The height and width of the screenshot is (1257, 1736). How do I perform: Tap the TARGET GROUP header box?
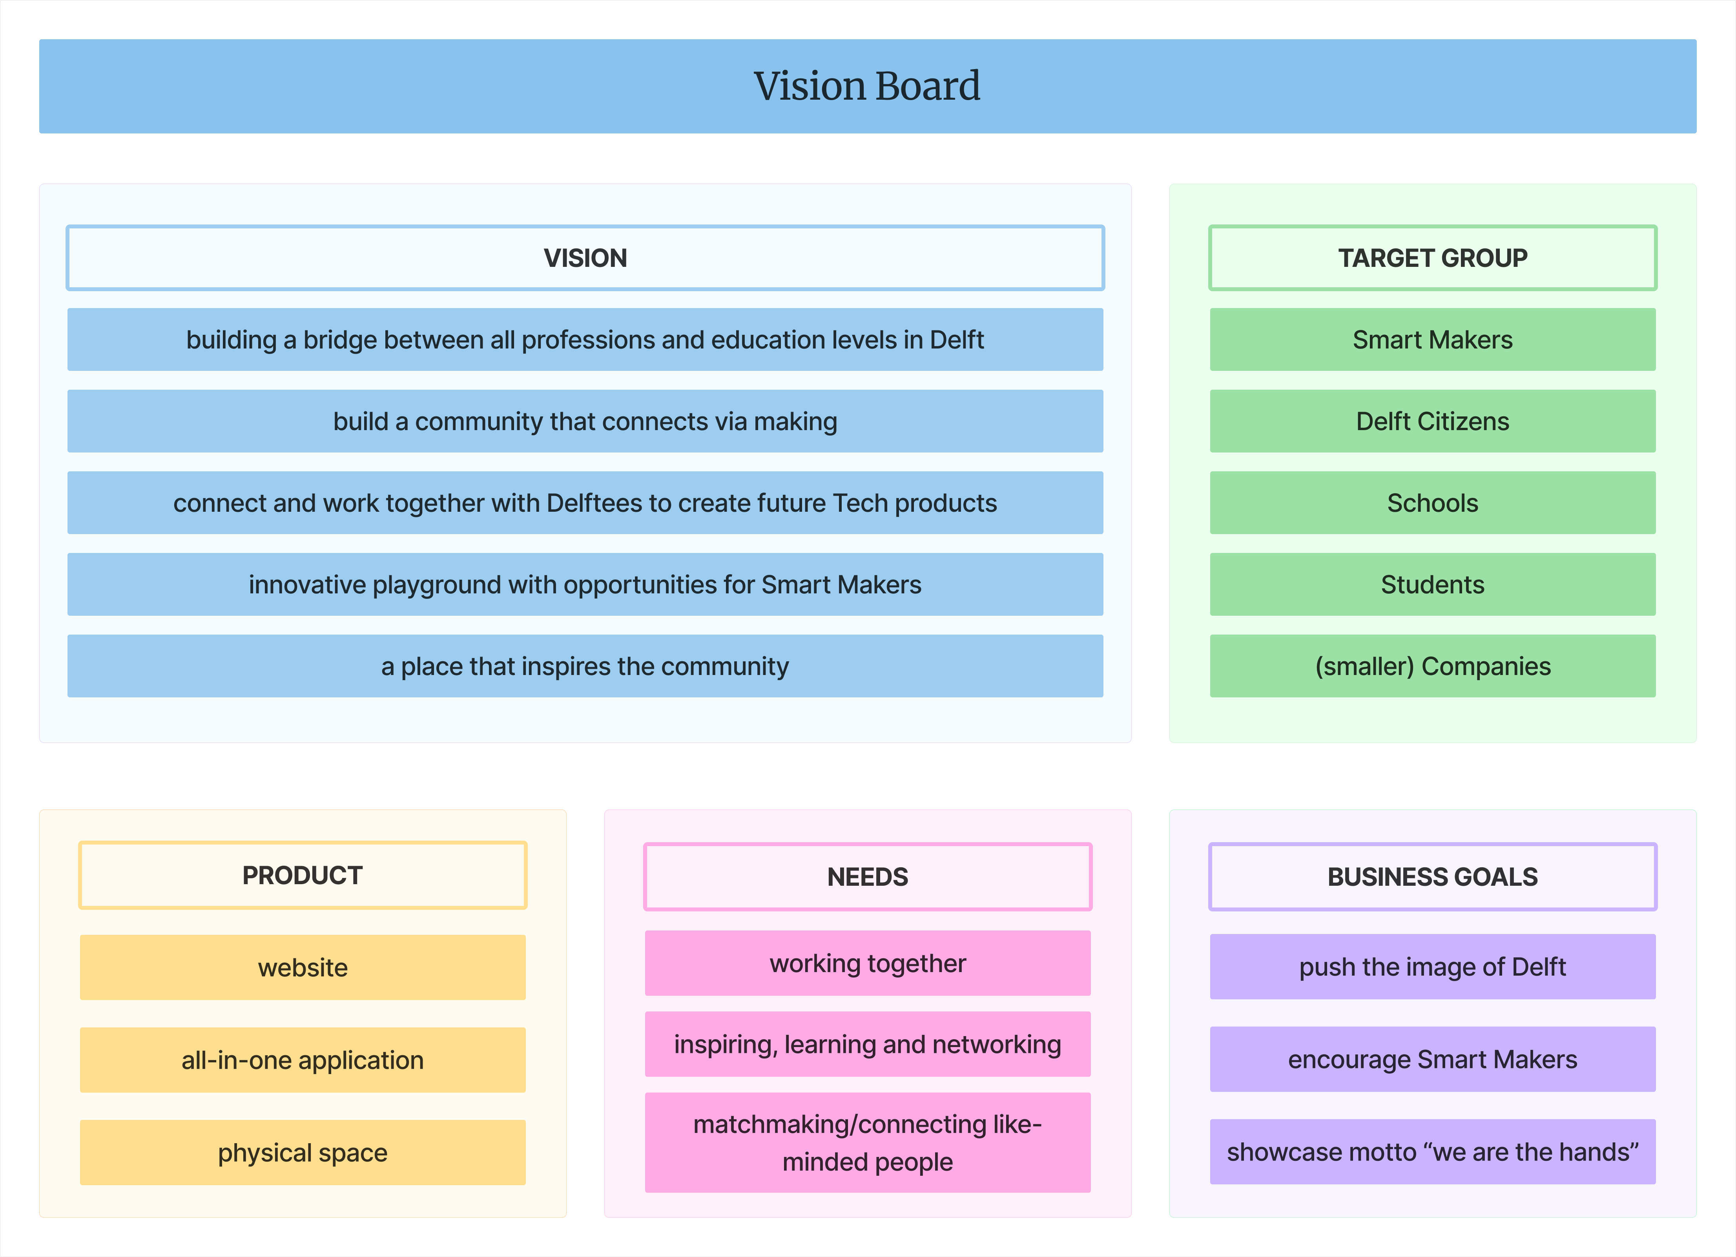pos(1432,258)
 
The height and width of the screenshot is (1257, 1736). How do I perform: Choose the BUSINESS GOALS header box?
pos(1432,877)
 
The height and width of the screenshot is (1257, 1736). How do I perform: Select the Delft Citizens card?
pos(1432,421)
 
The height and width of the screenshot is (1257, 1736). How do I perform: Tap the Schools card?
pos(1432,503)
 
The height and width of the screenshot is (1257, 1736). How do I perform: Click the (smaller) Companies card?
pos(1432,666)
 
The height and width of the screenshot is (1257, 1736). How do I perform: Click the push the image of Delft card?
pos(1432,967)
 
